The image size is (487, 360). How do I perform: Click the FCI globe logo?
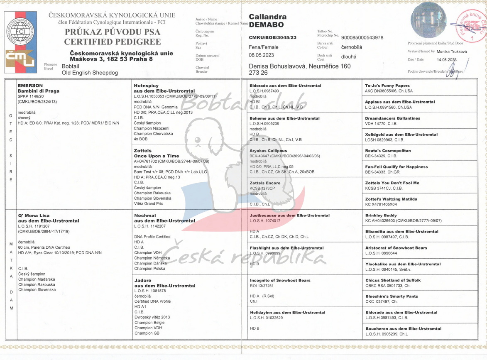(20, 31)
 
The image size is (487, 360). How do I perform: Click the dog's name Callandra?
(267, 17)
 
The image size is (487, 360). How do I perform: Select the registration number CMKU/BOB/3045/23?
(272, 37)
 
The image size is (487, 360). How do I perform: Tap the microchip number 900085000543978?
(362, 37)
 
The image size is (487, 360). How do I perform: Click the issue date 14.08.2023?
(446, 60)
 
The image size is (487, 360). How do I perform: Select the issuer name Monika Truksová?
(452, 51)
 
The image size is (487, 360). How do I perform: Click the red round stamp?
(472, 26)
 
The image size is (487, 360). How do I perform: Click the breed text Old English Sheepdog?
(90, 73)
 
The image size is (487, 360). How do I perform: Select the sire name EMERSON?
(30, 86)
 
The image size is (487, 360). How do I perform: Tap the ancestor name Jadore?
(143, 281)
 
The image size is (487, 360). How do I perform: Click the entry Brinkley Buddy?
(381, 216)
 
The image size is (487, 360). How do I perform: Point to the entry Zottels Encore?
(265, 183)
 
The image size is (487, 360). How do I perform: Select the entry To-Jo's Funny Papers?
(387, 86)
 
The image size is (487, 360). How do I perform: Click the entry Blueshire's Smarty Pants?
(392, 296)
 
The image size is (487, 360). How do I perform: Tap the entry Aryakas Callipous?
(268, 151)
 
